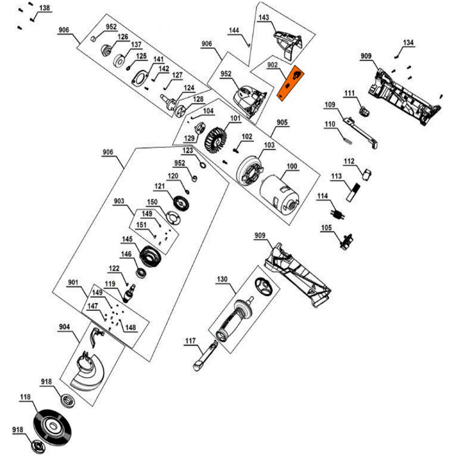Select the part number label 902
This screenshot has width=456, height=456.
click(x=273, y=65)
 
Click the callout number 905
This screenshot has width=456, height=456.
click(x=282, y=122)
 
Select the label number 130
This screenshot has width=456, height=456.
click(x=222, y=279)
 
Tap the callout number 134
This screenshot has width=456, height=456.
click(x=408, y=43)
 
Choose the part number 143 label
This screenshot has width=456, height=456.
click(x=264, y=18)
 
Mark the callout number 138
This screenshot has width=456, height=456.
click(x=45, y=9)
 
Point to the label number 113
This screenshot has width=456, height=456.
click(x=337, y=176)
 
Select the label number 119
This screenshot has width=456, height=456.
click(x=110, y=284)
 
